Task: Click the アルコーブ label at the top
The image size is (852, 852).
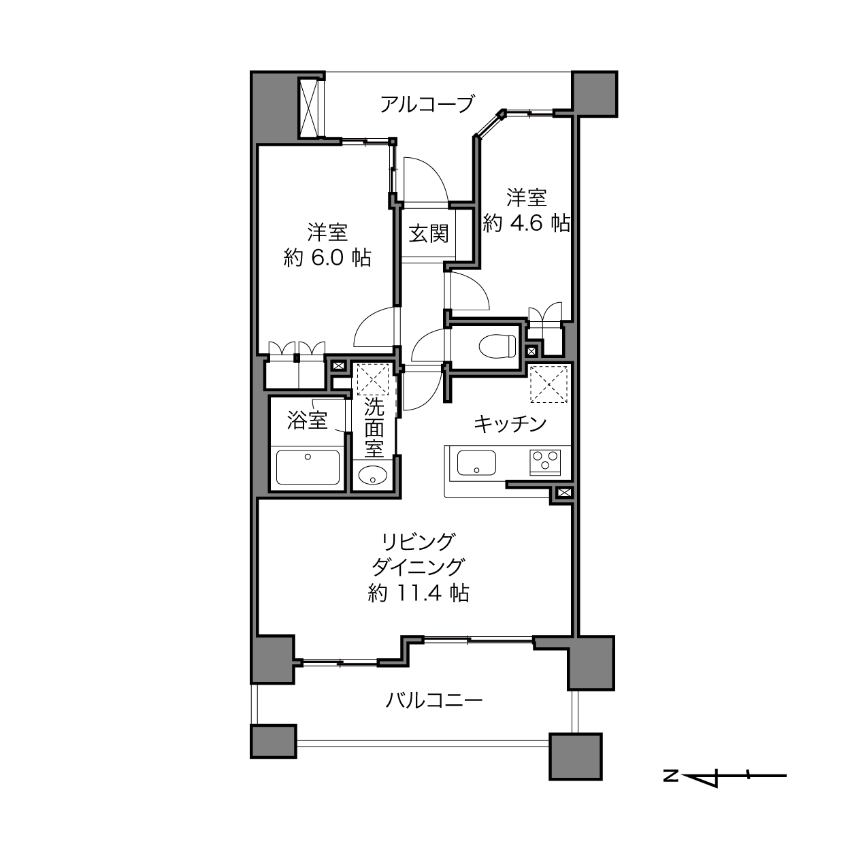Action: tap(427, 105)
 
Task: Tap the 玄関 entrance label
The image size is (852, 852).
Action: tap(428, 233)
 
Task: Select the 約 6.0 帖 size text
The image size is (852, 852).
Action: tap(327, 258)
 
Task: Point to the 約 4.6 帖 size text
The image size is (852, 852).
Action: tap(526, 224)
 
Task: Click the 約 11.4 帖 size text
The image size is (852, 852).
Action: tap(419, 593)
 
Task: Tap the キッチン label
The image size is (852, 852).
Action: tap(510, 424)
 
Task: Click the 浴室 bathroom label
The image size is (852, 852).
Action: tap(308, 420)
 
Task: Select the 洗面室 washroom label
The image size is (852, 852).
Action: tap(374, 428)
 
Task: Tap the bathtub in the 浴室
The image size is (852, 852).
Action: tap(308, 468)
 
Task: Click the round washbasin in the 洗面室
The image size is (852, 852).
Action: tap(373, 476)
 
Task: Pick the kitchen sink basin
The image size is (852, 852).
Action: tap(476, 463)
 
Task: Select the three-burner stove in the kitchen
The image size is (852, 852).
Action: tap(545, 463)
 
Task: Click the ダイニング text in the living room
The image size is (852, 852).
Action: tap(419, 567)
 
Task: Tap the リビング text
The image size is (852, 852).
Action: tap(419, 541)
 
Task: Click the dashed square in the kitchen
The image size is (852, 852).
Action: tap(548, 384)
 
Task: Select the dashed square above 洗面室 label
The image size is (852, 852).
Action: tap(373, 379)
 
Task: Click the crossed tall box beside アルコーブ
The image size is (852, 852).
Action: tap(309, 108)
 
